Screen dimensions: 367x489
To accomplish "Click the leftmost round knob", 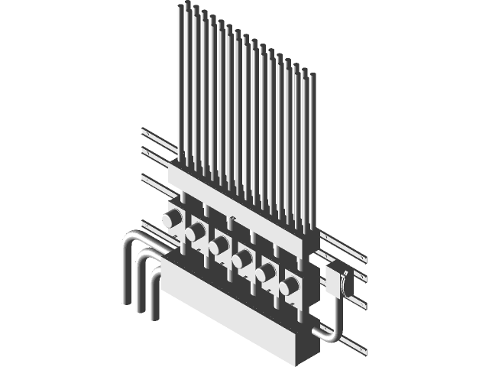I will coord(172,219).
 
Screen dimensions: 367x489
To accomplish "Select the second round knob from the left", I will coord(196,232).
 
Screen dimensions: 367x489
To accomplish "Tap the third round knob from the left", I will coord(219,245).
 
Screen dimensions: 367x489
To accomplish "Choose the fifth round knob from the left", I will coord(265,273).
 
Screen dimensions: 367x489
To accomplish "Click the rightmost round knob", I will coord(288,287).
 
